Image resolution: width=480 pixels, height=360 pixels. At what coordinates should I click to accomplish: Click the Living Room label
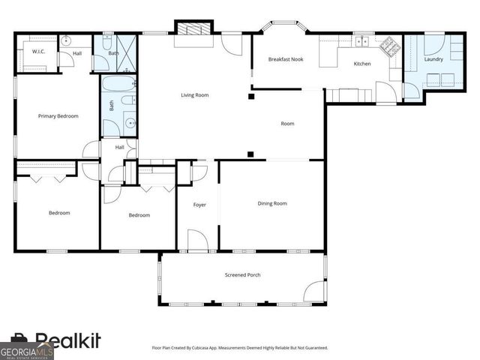[x=194, y=95]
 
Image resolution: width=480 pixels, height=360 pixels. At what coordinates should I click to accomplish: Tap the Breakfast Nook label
[x=286, y=59]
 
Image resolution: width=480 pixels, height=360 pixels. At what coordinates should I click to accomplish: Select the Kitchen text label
[x=362, y=64]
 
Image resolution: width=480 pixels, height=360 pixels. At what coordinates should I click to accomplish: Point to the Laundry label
[x=433, y=59]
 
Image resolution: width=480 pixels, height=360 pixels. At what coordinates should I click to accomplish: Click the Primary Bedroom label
[x=58, y=116]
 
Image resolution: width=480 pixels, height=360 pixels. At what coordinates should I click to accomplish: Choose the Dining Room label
[x=272, y=203]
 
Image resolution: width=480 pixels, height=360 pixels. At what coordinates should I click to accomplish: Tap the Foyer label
[x=199, y=205]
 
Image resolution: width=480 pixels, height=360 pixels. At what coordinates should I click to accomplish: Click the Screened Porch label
[x=243, y=275]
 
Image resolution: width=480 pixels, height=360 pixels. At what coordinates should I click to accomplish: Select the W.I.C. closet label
[x=37, y=52]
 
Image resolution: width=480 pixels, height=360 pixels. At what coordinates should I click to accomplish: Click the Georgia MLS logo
[x=26, y=351]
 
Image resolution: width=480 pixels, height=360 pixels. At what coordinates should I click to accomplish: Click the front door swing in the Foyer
[x=198, y=240]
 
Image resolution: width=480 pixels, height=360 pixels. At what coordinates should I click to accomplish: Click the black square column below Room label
[x=250, y=155]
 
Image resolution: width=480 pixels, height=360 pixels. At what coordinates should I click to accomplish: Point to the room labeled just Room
[x=287, y=124]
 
